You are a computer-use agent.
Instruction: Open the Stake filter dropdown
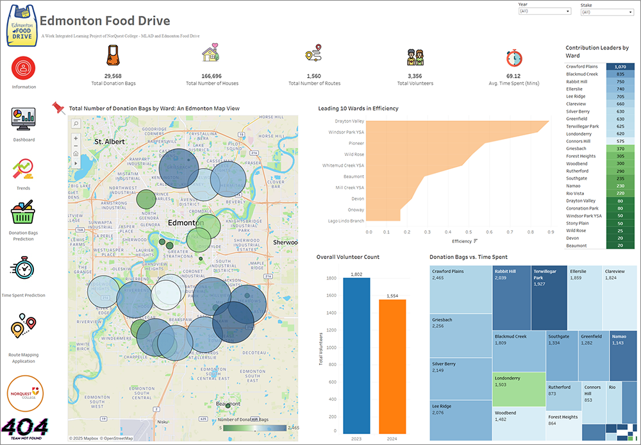(x=606, y=12)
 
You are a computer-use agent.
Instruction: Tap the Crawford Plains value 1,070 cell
(x=619, y=67)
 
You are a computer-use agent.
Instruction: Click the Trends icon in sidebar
(x=23, y=170)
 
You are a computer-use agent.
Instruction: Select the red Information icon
(x=24, y=67)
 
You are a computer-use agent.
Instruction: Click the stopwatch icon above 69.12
(x=514, y=57)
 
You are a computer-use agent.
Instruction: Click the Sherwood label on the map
(x=285, y=243)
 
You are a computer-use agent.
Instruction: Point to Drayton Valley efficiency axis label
(x=349, y=121)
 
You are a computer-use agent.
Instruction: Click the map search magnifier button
(x=76, y=124)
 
